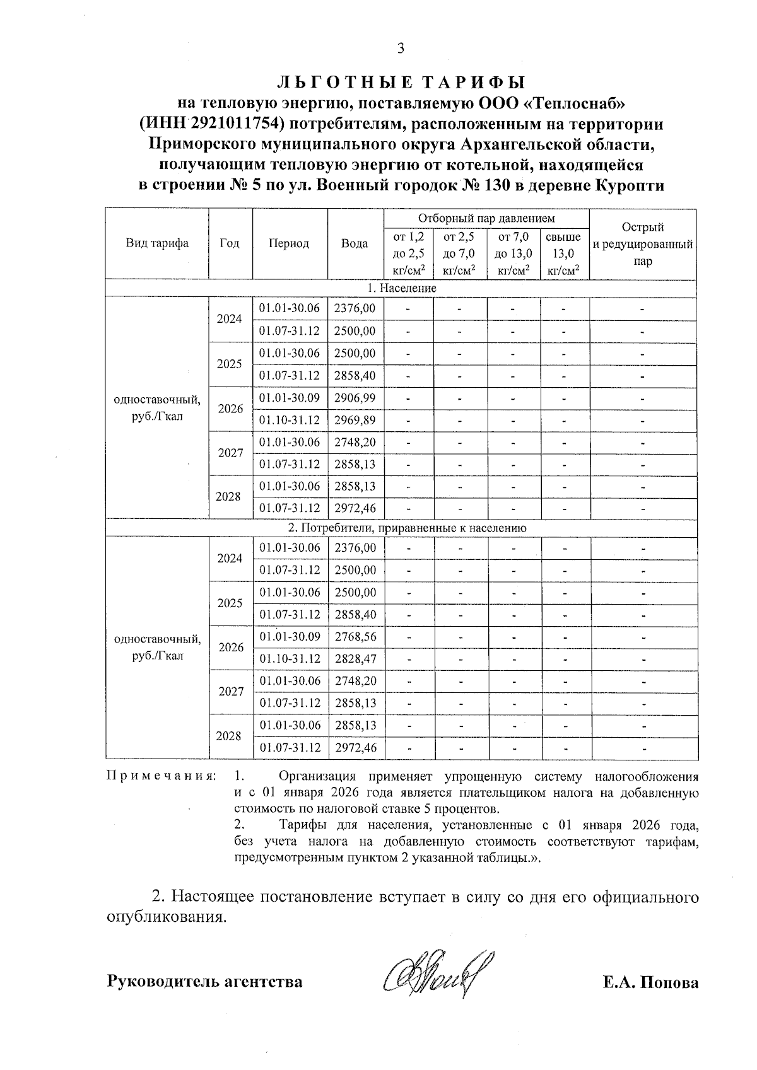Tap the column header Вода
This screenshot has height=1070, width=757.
click(x=355, y=243)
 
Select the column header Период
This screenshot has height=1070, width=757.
click(x=289, y=243)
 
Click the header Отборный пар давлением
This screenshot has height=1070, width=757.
click(x=486, y=218)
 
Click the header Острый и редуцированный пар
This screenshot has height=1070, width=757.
click(x=642, y=243)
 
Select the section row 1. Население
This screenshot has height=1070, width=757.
click(x=402, y=288)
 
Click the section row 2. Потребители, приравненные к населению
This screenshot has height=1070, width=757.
click(x=402, y=527)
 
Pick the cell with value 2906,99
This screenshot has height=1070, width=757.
click(x=355, y=398)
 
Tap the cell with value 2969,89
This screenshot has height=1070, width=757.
click(x=355, y=420)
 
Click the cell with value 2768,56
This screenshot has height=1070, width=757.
click(x=355, y=637)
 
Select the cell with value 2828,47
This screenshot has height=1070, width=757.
click(x=355, y=659)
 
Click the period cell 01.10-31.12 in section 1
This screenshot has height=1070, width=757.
click(x=290, y=420)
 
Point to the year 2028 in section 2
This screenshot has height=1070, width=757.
click(x=230, y=736)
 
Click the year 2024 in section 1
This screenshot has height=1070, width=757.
click(x=230, y=319)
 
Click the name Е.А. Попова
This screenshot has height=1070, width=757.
click(x=650, y=982)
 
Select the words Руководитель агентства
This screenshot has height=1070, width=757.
click(x=204, y=982)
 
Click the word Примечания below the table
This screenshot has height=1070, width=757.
click(x=161, y=776)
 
